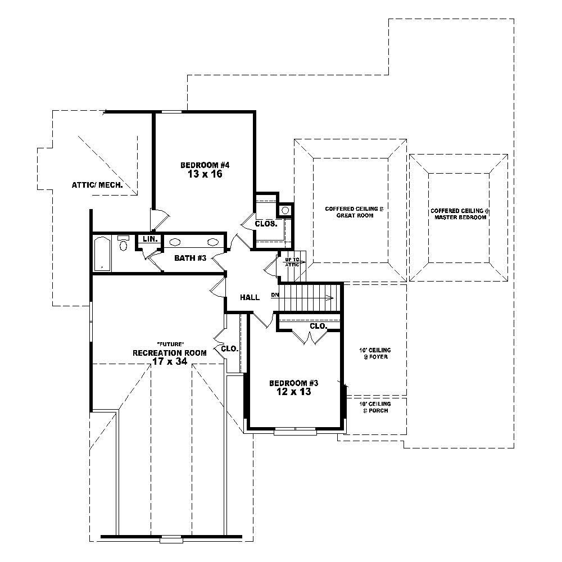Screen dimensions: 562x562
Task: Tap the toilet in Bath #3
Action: [124, 244]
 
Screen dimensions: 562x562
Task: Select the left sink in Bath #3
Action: [175, 242]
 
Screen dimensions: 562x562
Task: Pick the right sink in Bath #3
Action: [213, 242]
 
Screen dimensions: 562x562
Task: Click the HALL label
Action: [250, 297]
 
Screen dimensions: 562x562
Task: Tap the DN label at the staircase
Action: [275, 294]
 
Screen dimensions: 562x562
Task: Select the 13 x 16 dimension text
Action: [206, 174]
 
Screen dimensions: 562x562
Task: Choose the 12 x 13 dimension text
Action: [294, 392]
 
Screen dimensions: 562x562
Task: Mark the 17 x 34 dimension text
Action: [169, 362]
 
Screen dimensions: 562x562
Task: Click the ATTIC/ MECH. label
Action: [97, 185]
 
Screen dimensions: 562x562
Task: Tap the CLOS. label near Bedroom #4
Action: [266, 223]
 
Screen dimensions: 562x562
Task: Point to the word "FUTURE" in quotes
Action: [170, 344]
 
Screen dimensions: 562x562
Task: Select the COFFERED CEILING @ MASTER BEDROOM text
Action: [460, 214]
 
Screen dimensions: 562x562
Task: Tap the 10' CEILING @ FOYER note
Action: [375, 353]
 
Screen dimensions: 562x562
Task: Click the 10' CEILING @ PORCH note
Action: [375, 407]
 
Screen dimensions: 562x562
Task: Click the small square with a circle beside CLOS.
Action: [285, 210]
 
